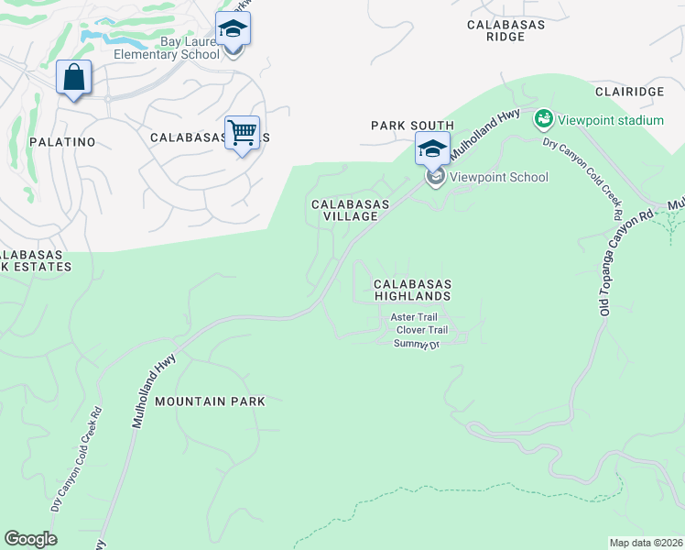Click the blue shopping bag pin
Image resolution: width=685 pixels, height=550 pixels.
[x=73, y=77]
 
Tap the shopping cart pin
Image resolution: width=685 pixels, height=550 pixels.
[x=242, y=133]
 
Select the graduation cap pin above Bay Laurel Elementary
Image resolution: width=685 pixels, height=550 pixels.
[x=233, y=29]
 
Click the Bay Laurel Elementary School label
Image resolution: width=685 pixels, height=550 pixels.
[x=166, y=48]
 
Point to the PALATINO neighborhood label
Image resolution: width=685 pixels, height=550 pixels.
[x=61, y=142]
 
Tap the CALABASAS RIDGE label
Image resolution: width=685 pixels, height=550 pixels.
[x=506, y=31]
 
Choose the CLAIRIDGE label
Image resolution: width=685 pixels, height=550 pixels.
[x=628, y=93]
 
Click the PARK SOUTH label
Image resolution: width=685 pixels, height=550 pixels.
[x=412, y=126]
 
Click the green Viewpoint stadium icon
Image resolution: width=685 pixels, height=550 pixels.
[x=544, y=119]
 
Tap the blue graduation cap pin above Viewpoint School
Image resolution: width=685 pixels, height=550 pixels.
[x=432, y=148]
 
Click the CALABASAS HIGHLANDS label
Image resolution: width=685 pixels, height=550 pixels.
[x=412, y=291]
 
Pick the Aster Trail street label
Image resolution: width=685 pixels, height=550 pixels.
[x=414, y=317]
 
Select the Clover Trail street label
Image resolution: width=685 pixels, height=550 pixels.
[x=422, y=330]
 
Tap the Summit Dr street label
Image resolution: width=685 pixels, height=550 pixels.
[x=417, y=344]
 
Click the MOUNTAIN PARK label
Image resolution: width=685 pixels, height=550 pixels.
[x=210, y=401]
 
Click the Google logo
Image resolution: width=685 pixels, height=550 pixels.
[x=30, y=539]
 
